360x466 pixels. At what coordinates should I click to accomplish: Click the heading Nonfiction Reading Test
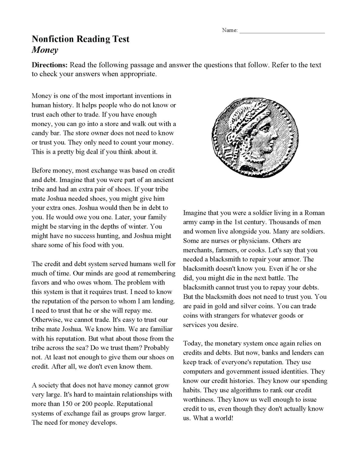(x=80, y=39)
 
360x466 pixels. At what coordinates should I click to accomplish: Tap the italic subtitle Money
(x=45, y=50)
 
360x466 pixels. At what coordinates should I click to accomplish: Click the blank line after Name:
(x=282, y=31)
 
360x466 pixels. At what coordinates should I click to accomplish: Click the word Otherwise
(x=47, y=320)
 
